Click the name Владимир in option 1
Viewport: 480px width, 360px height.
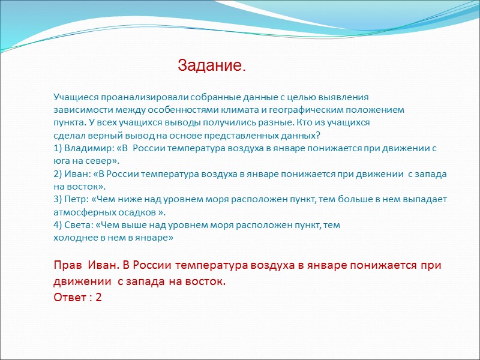coord(86,148)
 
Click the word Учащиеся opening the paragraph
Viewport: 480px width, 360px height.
coord(76,97)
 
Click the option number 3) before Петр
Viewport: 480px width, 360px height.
coord(58,199)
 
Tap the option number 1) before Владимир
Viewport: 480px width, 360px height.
coord(58,148)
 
